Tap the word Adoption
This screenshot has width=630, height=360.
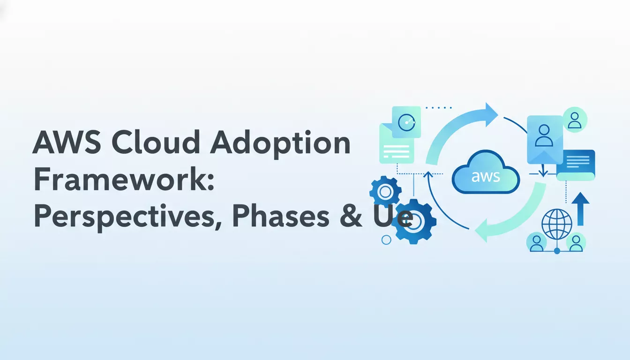tap(280, 144)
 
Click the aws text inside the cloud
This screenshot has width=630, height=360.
tap(486, 177)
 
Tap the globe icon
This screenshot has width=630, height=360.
tap(557, 225)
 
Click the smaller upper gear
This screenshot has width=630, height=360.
tap(385, 191)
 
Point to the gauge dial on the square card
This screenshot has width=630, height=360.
tap(406, 122)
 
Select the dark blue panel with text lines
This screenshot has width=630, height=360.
tap(576, 164)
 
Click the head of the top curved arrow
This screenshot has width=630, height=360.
tap(490, 114)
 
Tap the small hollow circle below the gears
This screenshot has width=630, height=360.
tap(387, 240)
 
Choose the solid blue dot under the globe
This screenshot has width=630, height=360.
tap(557, 251)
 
